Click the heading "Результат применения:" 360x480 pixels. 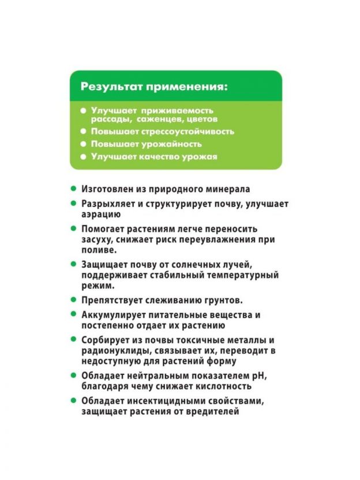[154, 87]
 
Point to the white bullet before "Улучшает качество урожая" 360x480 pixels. [83, 157]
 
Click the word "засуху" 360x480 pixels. [95, 239]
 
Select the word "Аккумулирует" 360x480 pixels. [113, 315]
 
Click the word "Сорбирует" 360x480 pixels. [104, 340]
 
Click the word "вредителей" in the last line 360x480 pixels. [213, 411]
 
